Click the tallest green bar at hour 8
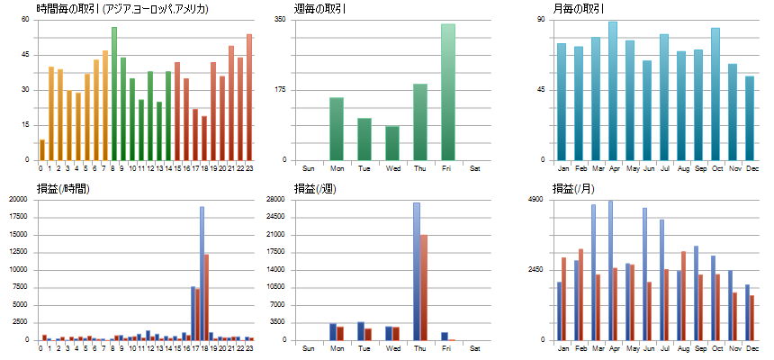pyautogui.click(x=114, y=94)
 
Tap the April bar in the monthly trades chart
pyautogui.click(x=613, y=91)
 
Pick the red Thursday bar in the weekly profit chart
pyautogui.click(x=424, y=287)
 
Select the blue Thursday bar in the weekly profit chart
pyautogui.click(x=417, y=271)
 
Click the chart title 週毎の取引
pyautogui.click(x=321, y=9)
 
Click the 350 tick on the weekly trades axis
pyautogui.click(x=279, y=19)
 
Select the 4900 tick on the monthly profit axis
pyautogui.click(x=535, y=199)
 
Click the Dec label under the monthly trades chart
pyautogui.click(x=750, y=168)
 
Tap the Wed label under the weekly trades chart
pyautogui.click(x=392, y=168)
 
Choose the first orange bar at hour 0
pyautogui.click(x=41, y=149)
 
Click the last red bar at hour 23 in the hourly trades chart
pyautogui.click(x=249, y=97)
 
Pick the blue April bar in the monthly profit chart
pyautogui.click(x=611, y=270)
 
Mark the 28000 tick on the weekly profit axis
pyautogui.click(x=276, y=199)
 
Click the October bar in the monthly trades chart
pyautogui.click(x=715, y=94)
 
